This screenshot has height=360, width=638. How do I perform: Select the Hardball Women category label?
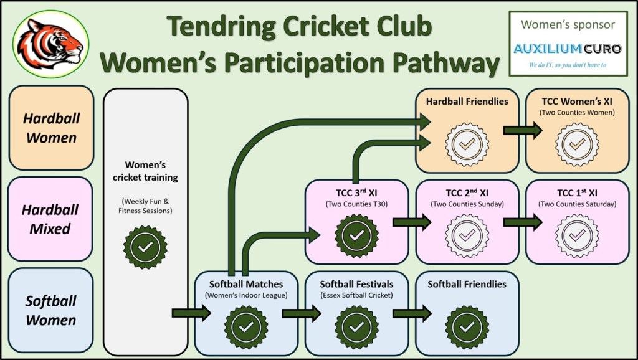[51, 128]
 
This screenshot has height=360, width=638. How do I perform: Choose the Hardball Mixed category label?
[51, 219]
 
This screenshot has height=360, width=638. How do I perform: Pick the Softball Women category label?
[51, 310]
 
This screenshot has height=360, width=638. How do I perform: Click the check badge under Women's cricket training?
[145, 247]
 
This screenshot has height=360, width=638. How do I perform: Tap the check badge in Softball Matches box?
[246, 326]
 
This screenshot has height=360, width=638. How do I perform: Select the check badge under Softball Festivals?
[357, 326]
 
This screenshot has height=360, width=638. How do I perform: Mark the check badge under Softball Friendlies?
[467, 326]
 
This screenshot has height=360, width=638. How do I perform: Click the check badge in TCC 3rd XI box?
[357, 235]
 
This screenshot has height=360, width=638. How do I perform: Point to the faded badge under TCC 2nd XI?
[467, 235]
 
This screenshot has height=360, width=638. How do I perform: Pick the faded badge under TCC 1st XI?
[577, 235]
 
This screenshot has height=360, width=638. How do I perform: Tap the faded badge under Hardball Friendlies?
[467, 144]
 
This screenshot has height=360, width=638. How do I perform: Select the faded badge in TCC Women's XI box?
[577, 144]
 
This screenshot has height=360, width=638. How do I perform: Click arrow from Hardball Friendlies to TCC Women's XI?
[522, 130]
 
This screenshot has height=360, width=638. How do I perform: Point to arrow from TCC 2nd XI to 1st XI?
[522, 221]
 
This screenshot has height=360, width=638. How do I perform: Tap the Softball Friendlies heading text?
[467, 284]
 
